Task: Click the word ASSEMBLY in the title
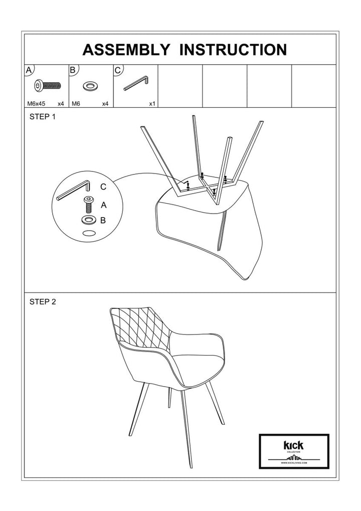tap(126, 50)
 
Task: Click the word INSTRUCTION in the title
tap(233, 50)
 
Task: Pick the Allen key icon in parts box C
tap(135, 82)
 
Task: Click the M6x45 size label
tap(36, 104)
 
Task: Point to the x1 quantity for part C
tap(152, 104)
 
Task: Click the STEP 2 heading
tap(43, 302)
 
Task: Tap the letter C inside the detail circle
tap(103, 187)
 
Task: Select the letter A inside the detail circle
tap(104, 205)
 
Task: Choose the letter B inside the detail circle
tap(103, 220)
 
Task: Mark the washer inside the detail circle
tap(89, 220)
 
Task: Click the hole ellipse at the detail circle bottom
tap(89, 233)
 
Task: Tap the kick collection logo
tap(293, 451)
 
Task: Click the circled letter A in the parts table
tap(30, 70)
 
